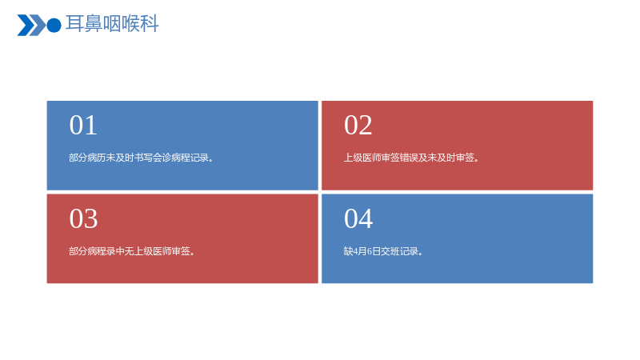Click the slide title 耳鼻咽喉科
click(112, 24)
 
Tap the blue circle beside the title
click(54, 26)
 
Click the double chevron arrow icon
click(31, 26)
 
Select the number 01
click(83, 125)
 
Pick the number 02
click(358, 125)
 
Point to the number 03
click(83, 218)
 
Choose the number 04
click(358, 218)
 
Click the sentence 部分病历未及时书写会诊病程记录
click(141, 158)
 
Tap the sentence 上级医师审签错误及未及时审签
click(411, 158)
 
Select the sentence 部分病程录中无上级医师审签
click(131, 251)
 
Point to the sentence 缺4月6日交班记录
click(383, 251)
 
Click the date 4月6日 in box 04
click(366, 251)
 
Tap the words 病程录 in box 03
click(102, 251)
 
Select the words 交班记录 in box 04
click(399, 251)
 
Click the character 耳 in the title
click(74, 24)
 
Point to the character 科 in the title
click(149, 24)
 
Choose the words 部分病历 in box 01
click(87, 158)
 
